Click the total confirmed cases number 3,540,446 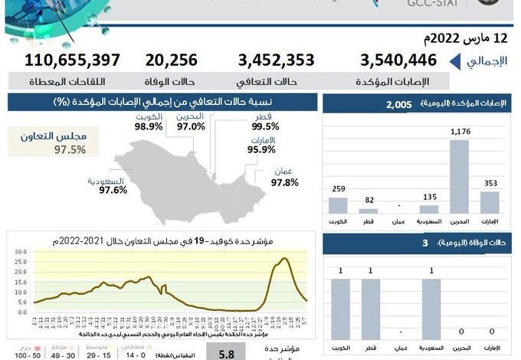pyautogui.click(x=398, y=61)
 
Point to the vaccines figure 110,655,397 pyautogui.click(x=72, y=61)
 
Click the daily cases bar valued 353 pyautogui.click(x=490, y=201)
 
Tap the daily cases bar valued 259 pyautogui.click(x=338, y=205)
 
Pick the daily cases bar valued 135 pyautogui.click(x=429, y=208)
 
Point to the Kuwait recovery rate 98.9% pyautogui.click(x=148, y=126)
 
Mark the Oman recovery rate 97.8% pyautogui.click(x=284, y=182)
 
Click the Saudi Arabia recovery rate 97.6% pyautogui.click(x=113, y=190)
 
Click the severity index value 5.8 pyautogui.click(x=226, y=354)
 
